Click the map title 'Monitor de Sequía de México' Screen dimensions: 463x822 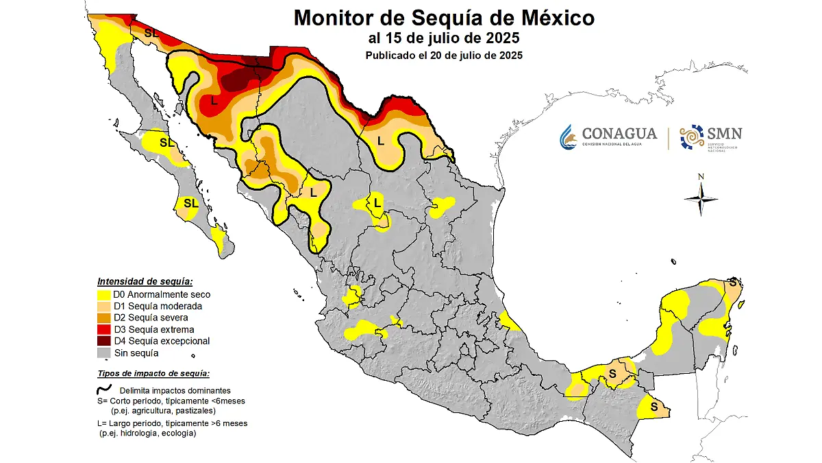[x=444, y=17]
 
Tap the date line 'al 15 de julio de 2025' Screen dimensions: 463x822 [x=443, y=37]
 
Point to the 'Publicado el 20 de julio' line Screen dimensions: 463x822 [x=443, y=56]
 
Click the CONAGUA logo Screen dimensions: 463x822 [x=608, y=136]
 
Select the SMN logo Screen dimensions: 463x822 [x=710, y=137]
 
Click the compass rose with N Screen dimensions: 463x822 [x=701, y=199]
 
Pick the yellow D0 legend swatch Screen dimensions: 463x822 [x=104, y=294]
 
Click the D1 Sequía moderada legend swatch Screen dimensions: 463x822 [x=104, y=306]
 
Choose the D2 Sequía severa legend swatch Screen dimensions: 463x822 [x=104, y=318]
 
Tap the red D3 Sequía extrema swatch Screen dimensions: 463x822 [x=104, y=329]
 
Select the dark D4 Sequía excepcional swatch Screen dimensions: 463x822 [x=104, y=341]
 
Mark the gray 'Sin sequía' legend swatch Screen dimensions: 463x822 [x=104, y=353]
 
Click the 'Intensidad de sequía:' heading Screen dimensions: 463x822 [x=145, y=281]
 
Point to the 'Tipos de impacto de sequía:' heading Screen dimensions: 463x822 [x=153, y=374]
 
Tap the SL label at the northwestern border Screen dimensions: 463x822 [x=151, y=32]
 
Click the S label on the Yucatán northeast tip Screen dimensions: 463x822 [x=732, y=282]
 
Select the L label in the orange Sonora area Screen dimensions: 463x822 [x=214, y=101]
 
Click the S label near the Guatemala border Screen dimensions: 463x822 [x=653, y=407]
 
